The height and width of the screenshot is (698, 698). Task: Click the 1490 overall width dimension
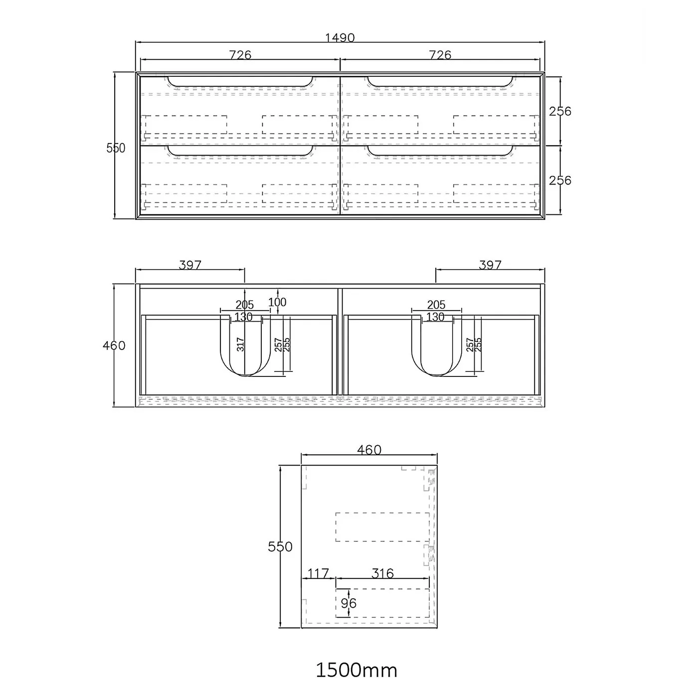pos(340,38)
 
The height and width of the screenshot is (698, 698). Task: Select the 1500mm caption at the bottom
pos(356,670)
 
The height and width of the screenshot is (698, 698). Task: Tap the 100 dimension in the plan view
pos(277,302)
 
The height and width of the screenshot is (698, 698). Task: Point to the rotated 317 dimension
pos(240,345)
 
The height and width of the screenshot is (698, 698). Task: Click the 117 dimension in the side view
pos(318,573)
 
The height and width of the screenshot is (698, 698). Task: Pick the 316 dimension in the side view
pos(382,573)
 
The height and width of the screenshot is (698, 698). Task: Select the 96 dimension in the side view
pos(349,603)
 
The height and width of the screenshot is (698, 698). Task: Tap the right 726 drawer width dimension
pos(440,55)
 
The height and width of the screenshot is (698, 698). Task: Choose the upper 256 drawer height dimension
pos(560,111)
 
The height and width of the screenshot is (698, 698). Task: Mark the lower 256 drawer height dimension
pos(560,180)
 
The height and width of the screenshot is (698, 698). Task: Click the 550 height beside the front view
pos(116,148)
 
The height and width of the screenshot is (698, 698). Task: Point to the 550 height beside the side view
pos(280,546)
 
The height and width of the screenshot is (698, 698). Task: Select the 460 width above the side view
pos(369,450)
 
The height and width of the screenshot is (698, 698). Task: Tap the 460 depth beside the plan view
pos(114,345)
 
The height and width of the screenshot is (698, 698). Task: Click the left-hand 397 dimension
pos(190,265)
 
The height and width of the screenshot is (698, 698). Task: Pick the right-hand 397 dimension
pos(490,265)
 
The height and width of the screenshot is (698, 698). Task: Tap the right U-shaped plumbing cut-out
pos(437,349)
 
